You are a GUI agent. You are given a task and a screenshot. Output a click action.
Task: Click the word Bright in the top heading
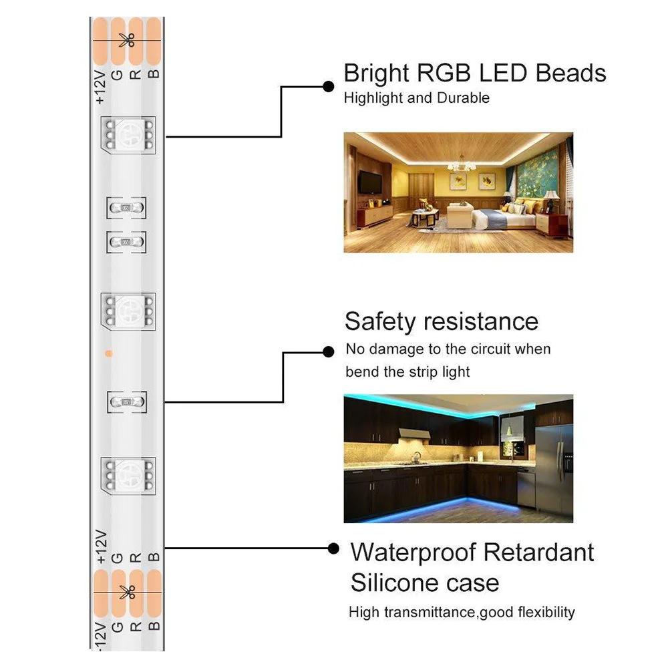point(376,73)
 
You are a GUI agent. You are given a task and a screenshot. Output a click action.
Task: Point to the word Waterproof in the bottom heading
point(411,552)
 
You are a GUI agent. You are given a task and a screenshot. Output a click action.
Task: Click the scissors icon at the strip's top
point(126,40)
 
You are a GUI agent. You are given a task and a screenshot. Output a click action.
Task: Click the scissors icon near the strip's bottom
point(126,591)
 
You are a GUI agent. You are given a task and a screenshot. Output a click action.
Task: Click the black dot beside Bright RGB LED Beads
point(328,86)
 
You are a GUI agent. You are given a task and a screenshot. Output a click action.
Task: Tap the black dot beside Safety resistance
point(328,351)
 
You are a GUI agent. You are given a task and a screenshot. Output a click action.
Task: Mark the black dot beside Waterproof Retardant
point(333,548)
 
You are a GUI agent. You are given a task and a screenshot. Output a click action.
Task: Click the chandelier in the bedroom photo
point(460,163)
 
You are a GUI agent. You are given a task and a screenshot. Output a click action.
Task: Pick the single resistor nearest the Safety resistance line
point(127,401)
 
